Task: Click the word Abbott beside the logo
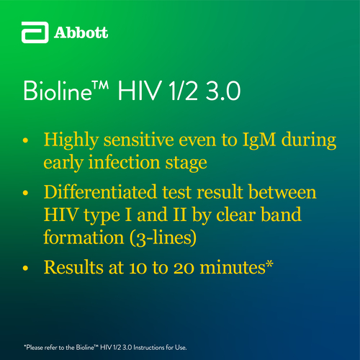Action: click(x=81, y=32)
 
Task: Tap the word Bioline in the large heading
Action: click(x=58, y=91)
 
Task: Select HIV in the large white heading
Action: click(x=139, y=91)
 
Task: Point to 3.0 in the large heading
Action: click(x=223, y=91)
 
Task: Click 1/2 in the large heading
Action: click(x=184, y=91)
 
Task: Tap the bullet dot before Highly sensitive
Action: click(x=25, y=140)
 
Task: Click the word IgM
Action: click(x=259, y=140)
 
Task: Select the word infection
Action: click(x=124, y=162)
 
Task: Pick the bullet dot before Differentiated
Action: click(x=25, y=193)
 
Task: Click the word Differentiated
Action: click(x=100, y=192)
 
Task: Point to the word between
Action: click(x=282, y=192)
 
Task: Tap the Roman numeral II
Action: click(x=180, y=215)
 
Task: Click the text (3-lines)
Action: click(x=163, y=238)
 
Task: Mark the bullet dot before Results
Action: click(x=25, y=268)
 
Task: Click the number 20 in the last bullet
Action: click(x=184, y=268)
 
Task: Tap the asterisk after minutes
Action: click(x=270, y=264)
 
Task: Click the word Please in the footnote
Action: click(x=35, y=347)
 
